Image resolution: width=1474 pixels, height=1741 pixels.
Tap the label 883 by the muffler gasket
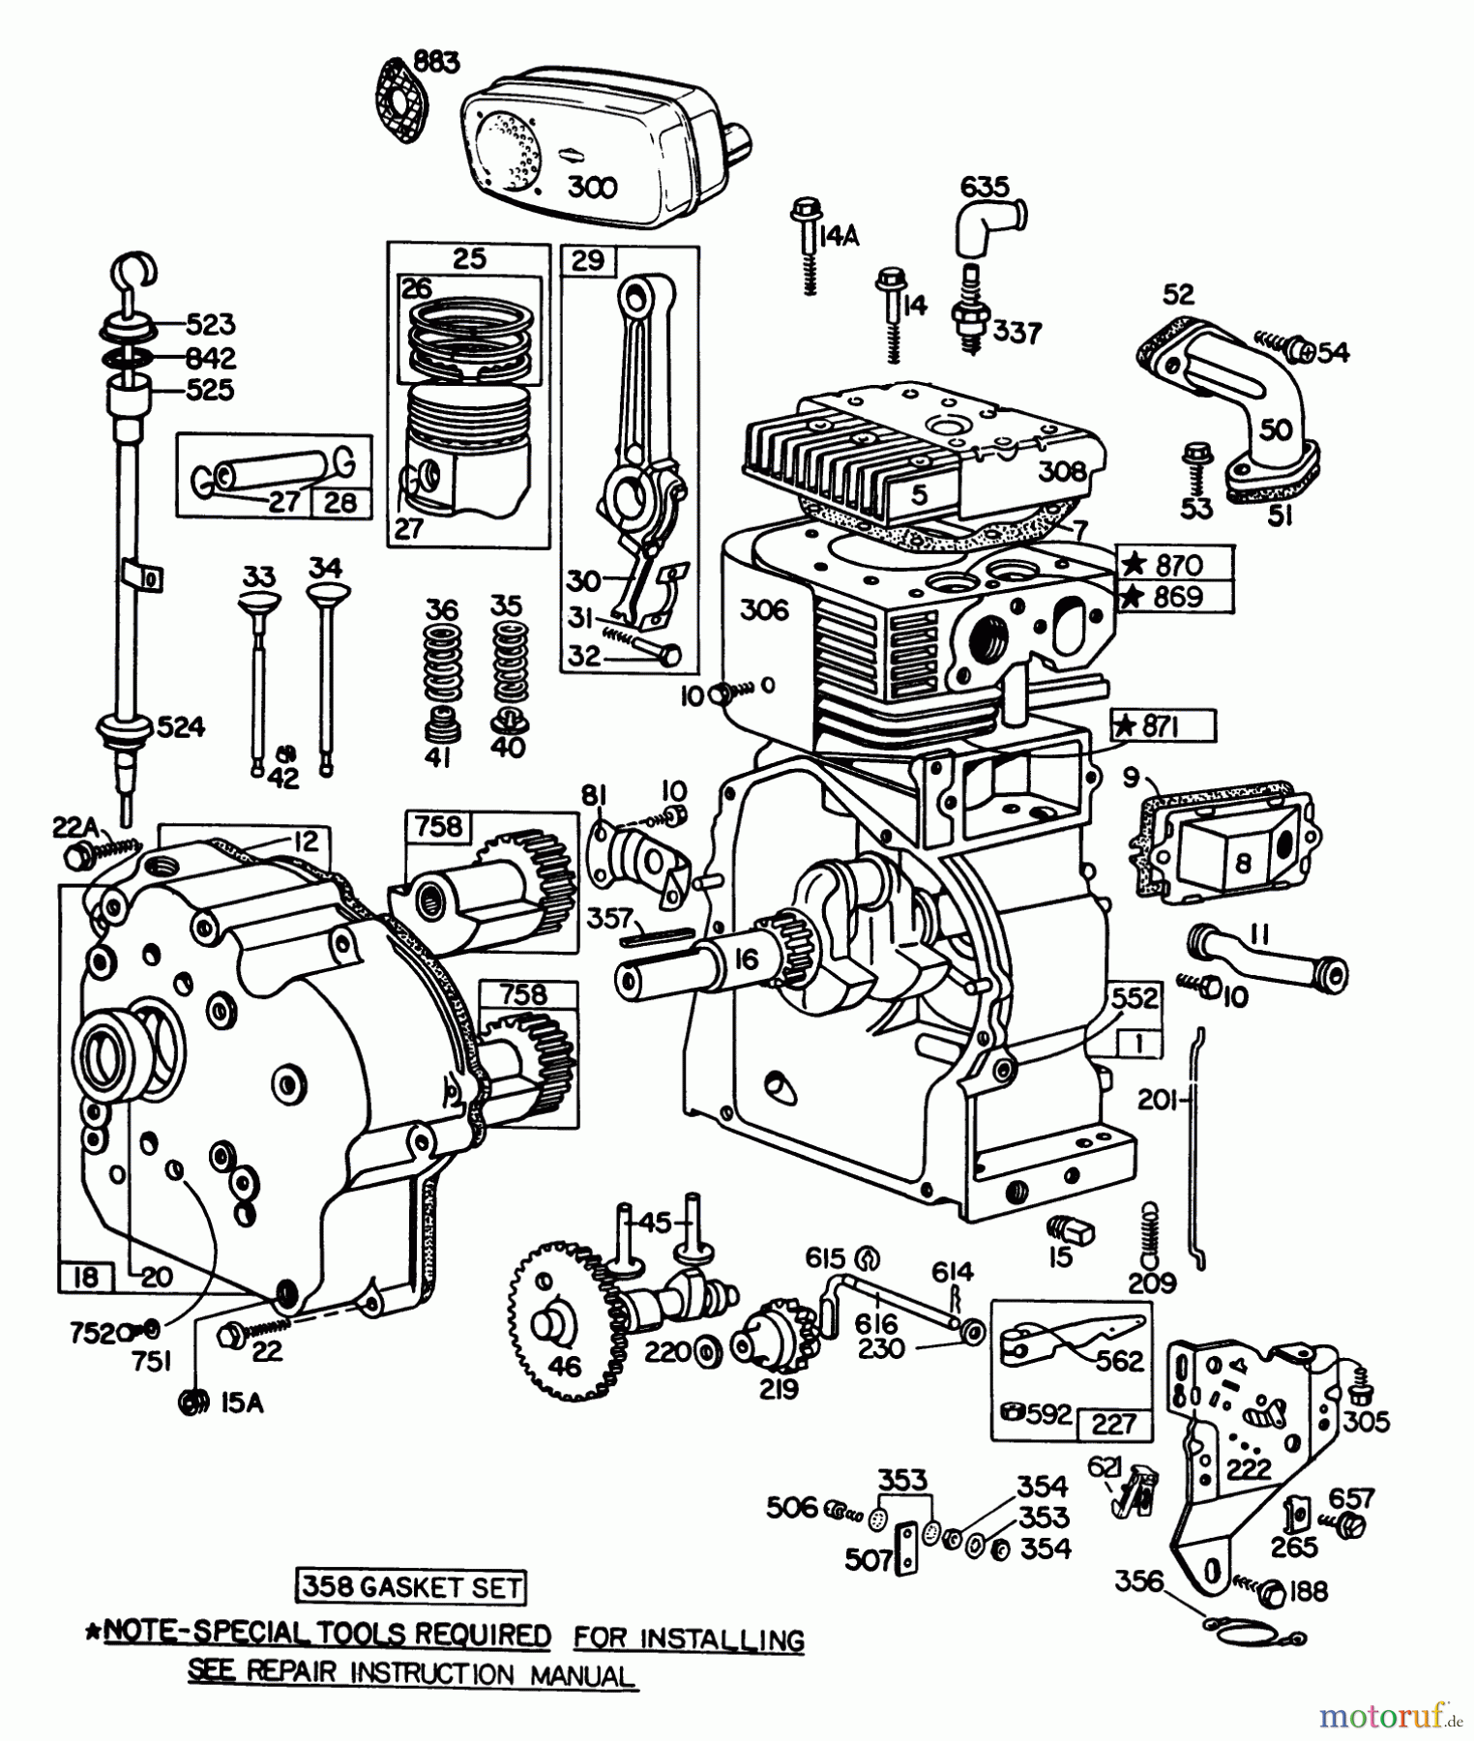(436, 62)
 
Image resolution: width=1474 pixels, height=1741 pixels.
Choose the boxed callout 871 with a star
(1164, 725)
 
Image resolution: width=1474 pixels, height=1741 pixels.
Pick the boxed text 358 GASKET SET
(411, 1587)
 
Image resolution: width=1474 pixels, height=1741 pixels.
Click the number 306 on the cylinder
(764, 610)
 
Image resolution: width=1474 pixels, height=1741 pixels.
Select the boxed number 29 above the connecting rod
(588, 260)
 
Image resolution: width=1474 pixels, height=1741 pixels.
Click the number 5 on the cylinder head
(920, 495)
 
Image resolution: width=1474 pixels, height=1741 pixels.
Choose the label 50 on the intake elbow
(1277, 429)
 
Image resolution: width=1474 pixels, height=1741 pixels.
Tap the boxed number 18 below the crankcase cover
(85, 1278)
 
